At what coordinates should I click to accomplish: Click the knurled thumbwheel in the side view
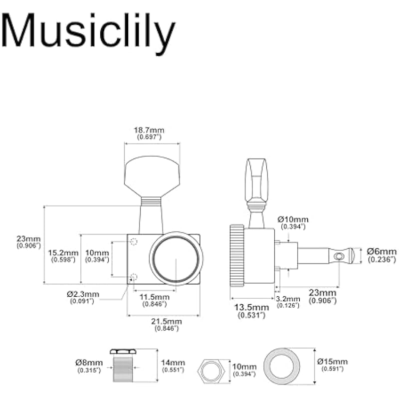[x=236, y=256]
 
